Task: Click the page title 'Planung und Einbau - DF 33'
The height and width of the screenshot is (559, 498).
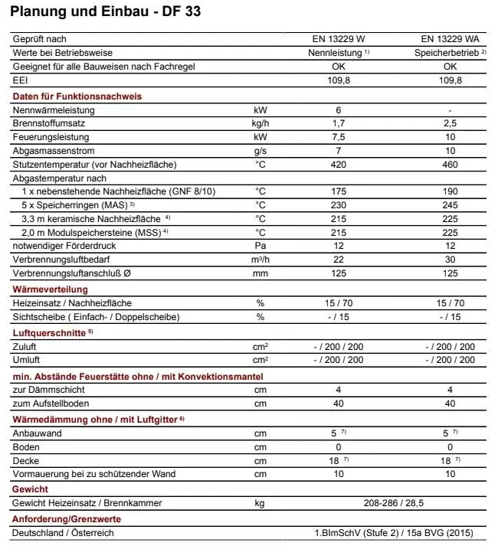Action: click(106, 12)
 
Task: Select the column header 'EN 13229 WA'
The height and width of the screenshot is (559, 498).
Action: click(450, 39)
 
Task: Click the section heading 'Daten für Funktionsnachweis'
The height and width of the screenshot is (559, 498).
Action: click(77, 96)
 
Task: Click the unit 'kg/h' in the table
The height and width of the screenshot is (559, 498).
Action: click(260, 123)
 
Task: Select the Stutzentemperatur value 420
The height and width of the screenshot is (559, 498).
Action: click(338, 165)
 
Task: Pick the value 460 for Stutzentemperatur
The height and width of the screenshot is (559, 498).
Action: click(450, 165)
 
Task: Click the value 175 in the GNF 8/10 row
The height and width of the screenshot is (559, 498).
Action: click(338, 192)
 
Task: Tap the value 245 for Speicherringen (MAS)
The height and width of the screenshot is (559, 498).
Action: click(450, 206)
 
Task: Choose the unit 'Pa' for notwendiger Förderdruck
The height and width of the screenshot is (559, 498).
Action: click(260, 246)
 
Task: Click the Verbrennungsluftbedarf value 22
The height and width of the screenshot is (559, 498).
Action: click(338, 260)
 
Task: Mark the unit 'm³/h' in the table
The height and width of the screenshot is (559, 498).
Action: click(260, 260)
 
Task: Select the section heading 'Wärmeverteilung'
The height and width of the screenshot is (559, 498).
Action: click(50, 289)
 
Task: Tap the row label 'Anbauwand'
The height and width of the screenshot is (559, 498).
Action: click(36, 433)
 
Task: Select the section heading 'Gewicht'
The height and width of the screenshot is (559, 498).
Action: click(31, 489)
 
